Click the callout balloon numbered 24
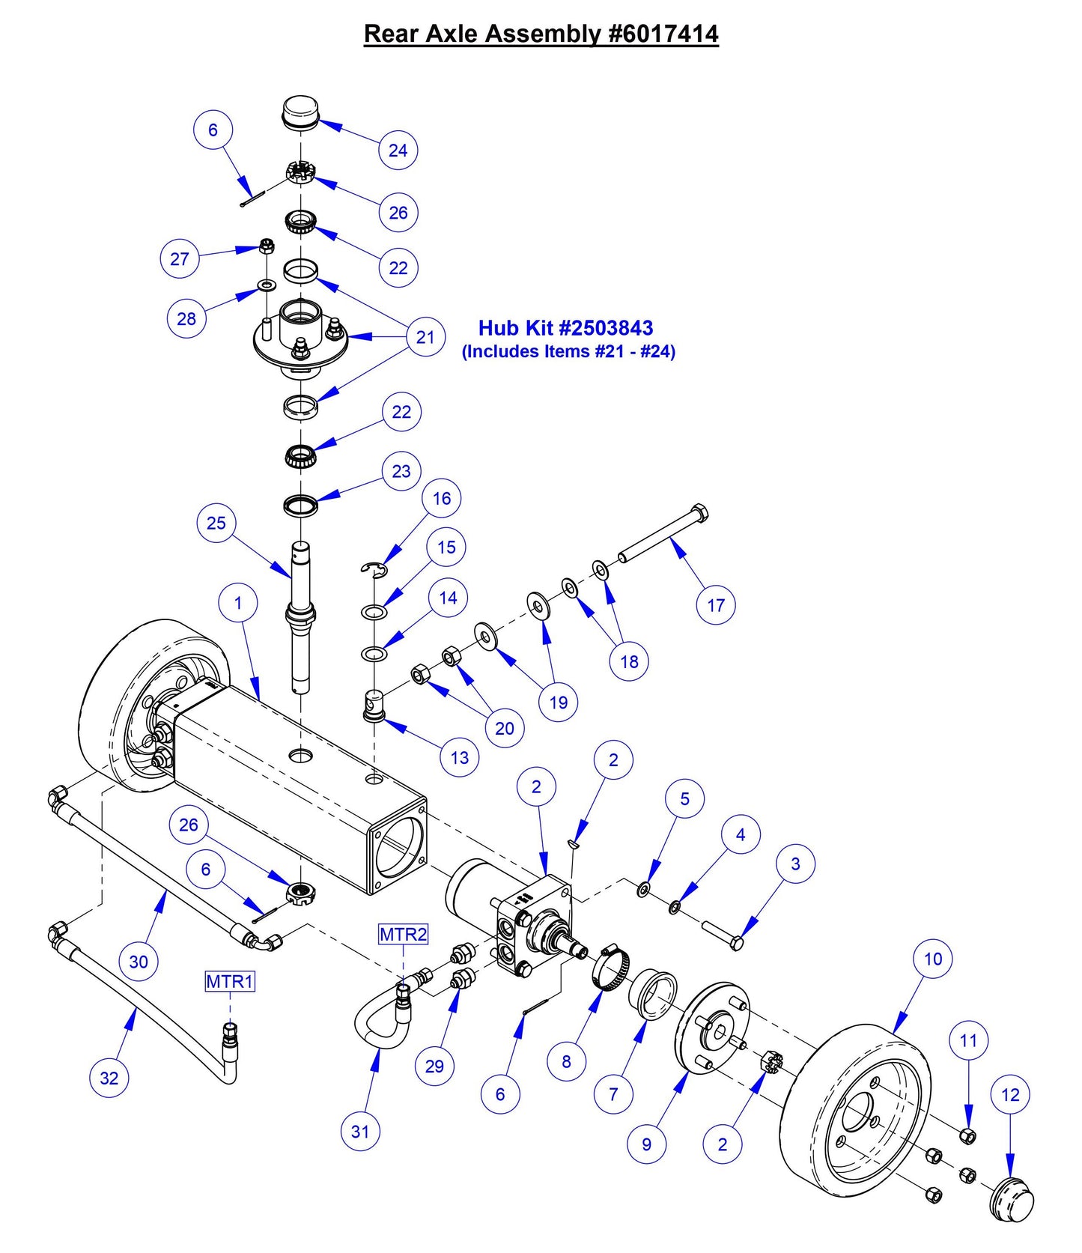click(x=398, y=150)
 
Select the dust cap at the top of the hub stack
click(x=300, y=112)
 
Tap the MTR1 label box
click(x=230, y=980)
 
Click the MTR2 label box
click(x=403, y=934)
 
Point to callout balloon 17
click(x=716, y=605)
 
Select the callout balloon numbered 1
click(x=238, y=603)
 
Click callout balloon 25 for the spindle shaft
click(x=216, y=523)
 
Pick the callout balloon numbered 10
click(x=932, y=959)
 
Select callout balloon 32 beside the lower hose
click(x=109, y=1078)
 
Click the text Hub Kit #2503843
click(x=565, y=327)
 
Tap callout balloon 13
click(x=459, y=757)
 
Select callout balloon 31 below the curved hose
click(x=360, y=1131)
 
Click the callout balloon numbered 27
click(x=179, y=259)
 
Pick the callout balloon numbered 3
click(x=795, y=864)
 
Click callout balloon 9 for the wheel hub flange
click(x=646, y=1144)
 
